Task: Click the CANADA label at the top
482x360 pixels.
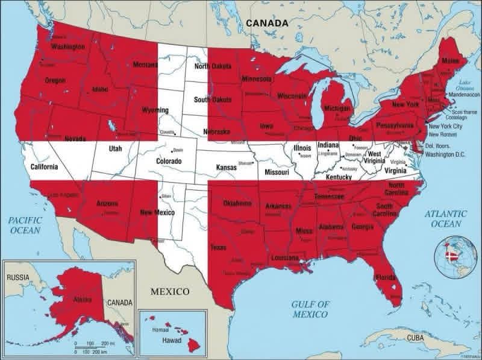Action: pos(266,23)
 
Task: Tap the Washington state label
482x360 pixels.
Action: pos(67,46)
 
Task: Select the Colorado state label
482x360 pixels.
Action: pos(169,162)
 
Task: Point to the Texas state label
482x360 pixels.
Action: pos(218,247)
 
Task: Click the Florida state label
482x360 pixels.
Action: pos(385,278)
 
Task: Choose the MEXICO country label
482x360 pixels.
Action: pos(169,291)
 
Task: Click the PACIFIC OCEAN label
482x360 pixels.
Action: pos(24,226)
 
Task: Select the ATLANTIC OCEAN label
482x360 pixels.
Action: pos(445,218)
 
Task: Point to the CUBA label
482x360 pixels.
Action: pos(415,338)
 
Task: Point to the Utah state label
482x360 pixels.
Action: pos(115,148)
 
